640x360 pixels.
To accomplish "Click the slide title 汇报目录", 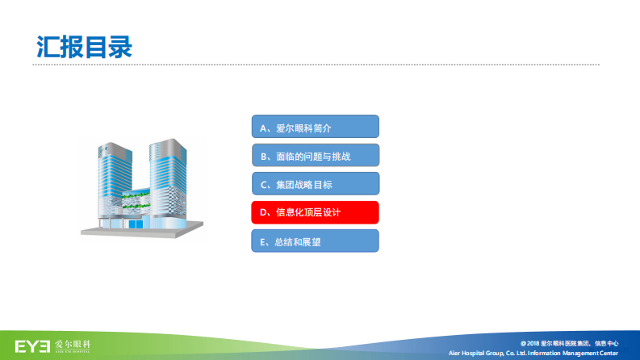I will tap(84, 45).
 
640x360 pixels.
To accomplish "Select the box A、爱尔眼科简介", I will tap(314, 128).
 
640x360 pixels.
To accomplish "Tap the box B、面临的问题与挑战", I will tap(314, 156).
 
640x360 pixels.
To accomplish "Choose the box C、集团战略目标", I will tap(314, 184).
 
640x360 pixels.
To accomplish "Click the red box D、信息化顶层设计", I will tap(314, 213).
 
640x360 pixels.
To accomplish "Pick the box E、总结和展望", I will tap(314, 241).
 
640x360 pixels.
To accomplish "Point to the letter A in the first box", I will tap(263, 128).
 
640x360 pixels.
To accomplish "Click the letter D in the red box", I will tap(263, 213).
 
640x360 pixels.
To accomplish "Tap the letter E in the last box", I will tap(263, 241).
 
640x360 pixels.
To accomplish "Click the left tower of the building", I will tap(113, 182).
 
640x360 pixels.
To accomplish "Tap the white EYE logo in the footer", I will tap(33, 346).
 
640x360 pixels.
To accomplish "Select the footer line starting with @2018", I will tap(569, 343).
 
